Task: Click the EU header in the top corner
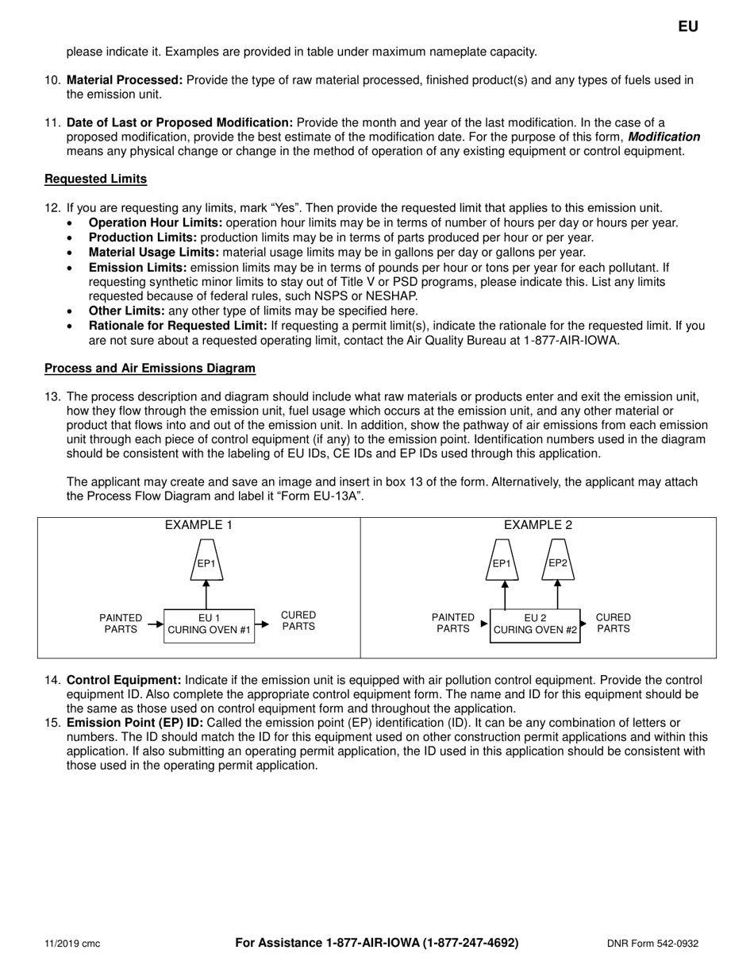688,26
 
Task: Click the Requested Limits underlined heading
95,179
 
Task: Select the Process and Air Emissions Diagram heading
150,368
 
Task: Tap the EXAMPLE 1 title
198,525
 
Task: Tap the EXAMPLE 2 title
538,525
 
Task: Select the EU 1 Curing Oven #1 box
209,625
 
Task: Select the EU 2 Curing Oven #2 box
535,625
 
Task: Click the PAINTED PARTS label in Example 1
121,624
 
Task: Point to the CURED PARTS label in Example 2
613,623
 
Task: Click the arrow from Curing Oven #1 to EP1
206,594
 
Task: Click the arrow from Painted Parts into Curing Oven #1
155,624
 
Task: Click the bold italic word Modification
664,137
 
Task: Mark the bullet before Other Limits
72,311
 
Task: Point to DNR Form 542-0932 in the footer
652,944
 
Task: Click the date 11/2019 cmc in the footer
72,944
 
